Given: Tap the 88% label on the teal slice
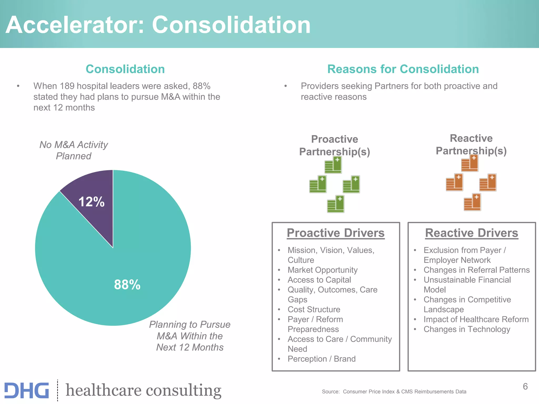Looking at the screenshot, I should click(x=127, y=285).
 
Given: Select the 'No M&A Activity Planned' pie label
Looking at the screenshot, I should click(x=74, y=150).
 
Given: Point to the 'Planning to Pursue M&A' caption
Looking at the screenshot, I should click(x=190, y=336).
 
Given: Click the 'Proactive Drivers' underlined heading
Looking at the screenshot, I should click(x=336, y=233).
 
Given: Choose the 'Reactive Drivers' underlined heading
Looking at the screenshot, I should click(x=472, y=233).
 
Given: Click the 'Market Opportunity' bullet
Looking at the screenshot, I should click(x=322, y=270).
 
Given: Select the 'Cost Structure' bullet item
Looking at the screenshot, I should click(x=314, y=309).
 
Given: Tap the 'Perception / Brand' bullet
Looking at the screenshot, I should click(x=321, y=359).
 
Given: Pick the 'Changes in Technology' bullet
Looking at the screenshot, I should click(x=467, y=329).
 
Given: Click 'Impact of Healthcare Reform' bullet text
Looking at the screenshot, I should click(x=476, y=319).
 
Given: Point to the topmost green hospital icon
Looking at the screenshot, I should click(x=333, y=165).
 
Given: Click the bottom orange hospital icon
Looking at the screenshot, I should click(x=472, y=202).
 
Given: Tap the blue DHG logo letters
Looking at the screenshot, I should click(x=27, y=390).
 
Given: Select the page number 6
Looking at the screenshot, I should click(x=525, y=386).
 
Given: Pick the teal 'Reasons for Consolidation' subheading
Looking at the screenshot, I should click(x=403, y=69).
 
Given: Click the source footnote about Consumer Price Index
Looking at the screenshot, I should click(x=394, y=392).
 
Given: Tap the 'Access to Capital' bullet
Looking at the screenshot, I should click(x=319, y=280).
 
